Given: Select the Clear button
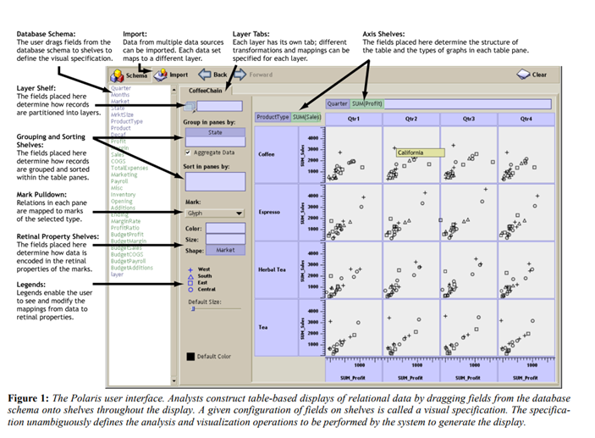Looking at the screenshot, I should pyautogui.click(x=533, y=75).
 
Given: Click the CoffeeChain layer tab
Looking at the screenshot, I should pyautogui.click(x=203, y=88).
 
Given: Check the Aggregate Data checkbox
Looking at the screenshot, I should pyautogui.click(x=188, y=152).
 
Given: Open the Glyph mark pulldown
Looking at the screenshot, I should pyautogui.click(x=214, y=214).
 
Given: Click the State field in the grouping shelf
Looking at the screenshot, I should pyautogui.click(x=214, y=133).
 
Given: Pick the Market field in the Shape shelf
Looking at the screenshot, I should pyautogui.click(x=225, y=250).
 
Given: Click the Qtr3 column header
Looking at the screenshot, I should pyautogui.click(x=468, y=119).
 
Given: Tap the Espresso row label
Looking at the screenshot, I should pyautogui.click(x=271, y=212).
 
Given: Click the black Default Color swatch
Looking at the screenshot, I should pyautogui.click(x=190, y=356).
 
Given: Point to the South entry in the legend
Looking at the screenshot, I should pyautogui.click(x=204, y=276).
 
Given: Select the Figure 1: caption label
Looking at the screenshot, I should pyautogui.click(x=38, y=396).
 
